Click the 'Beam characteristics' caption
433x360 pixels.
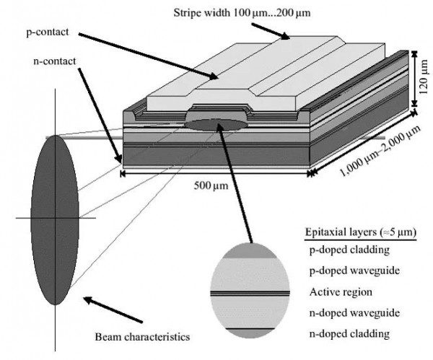pos(143,336)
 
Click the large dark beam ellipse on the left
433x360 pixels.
pos(56,216)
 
